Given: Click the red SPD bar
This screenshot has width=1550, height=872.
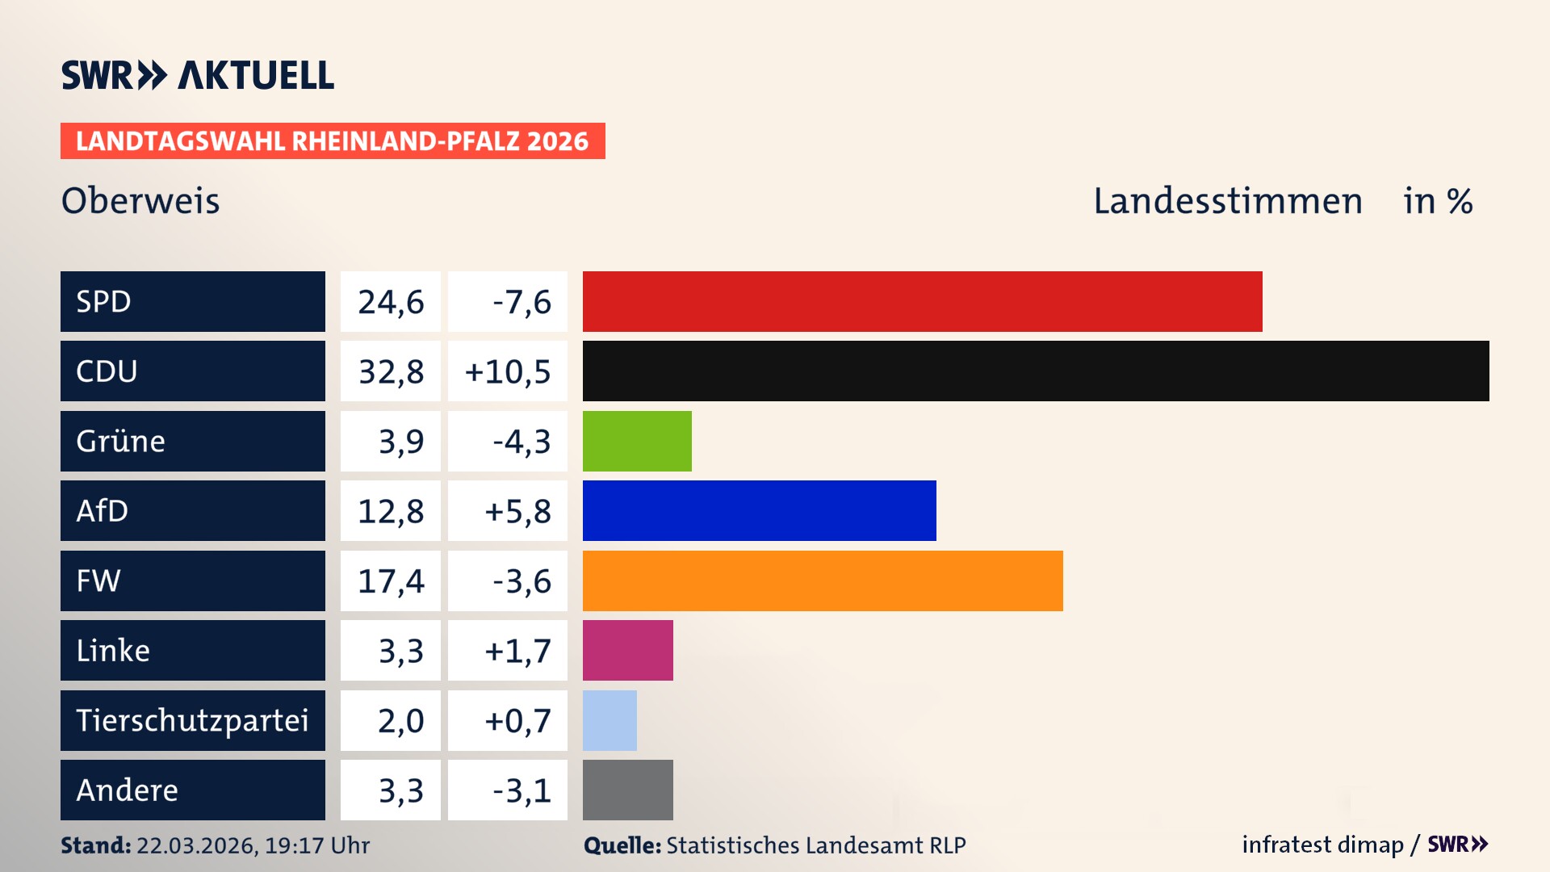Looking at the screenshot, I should point(922,301).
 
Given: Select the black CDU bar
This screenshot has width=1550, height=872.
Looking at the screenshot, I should point(1036,371).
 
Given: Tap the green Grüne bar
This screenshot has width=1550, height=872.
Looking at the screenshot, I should point(637,441).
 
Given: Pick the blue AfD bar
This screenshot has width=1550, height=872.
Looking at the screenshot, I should point(759,510).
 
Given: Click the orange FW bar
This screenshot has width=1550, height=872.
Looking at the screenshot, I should point(823,581).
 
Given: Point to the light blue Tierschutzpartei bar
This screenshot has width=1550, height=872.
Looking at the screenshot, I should point(610,720).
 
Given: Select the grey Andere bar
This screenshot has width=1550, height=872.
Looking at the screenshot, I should point(627,790).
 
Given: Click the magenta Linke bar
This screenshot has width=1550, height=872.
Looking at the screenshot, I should point(627,650).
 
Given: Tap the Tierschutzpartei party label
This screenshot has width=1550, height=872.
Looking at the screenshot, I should point(192,720).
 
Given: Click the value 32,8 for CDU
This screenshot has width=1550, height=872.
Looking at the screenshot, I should point(391,371).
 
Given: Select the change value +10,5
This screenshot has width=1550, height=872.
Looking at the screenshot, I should point(508,371).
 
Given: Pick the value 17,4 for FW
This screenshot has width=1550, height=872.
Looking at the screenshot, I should point(391,581).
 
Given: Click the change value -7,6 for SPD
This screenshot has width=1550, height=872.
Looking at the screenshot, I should point(522,302).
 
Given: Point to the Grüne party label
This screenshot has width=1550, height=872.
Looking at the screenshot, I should point(120,441).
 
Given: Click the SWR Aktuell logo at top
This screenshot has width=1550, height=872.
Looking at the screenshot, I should point(198,75).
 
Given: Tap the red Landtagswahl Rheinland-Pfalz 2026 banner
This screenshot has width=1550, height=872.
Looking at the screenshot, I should point(333,141).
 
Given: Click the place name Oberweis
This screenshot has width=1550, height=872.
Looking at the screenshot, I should point(140,200).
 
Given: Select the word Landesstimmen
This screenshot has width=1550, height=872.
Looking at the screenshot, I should point(1227,200).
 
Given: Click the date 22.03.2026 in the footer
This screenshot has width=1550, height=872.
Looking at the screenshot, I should point(196,845).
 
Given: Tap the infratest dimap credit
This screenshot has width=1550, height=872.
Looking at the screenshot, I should point(1322,845).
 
